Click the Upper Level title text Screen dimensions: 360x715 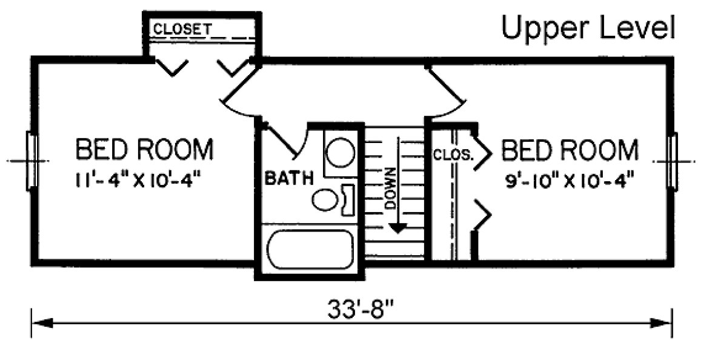(x=587, y=27)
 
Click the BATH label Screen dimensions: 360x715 (x=289, y=179)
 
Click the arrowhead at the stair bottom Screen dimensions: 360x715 (x=397, y=228)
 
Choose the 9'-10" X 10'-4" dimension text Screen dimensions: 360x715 (x=570, y=181)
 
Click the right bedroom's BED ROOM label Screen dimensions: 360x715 (x=570, y=149)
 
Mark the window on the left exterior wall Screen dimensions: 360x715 (x=32, y=161)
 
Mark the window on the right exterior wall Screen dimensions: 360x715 (x=672, y=161)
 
